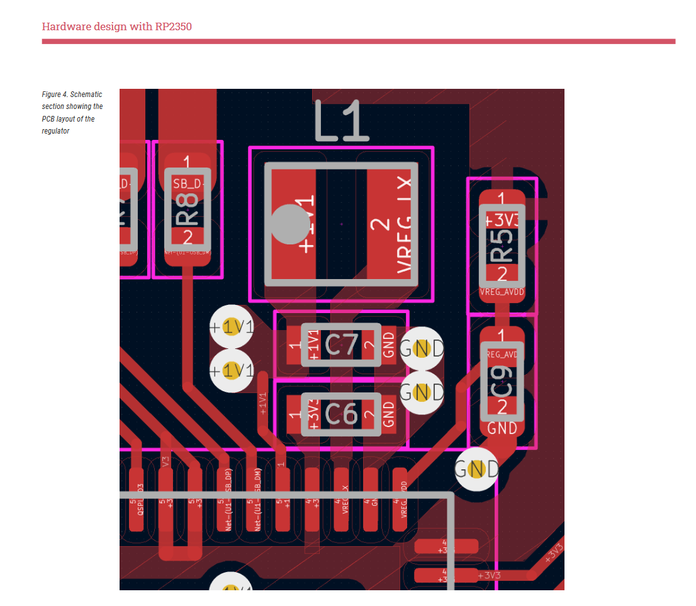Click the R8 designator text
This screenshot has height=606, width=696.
point(188,209)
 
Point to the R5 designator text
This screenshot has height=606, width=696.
point(502,246)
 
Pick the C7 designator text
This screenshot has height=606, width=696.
point(341,345)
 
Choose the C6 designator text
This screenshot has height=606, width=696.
point(341,414)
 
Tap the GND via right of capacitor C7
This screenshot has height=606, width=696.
point(422,348)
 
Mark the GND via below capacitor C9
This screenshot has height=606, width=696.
point(476,469)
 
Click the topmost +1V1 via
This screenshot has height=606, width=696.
point(232,328)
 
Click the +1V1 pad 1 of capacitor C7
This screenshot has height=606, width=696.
point(295,345)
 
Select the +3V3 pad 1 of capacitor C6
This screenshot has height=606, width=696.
point(295,414)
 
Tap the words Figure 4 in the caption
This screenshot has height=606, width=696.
point(55,94)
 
